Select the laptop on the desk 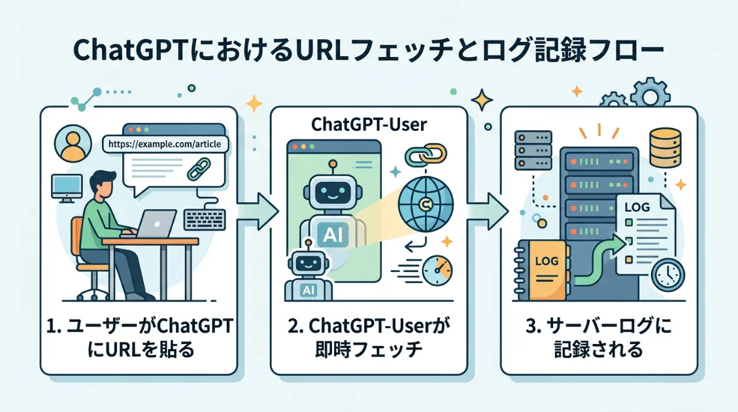[156, 224]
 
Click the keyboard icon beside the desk [205, 219]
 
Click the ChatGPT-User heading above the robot [369, 124]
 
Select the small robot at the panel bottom [306, 274]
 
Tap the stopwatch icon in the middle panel [437, 271]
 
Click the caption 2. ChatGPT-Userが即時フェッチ [369, 337]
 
